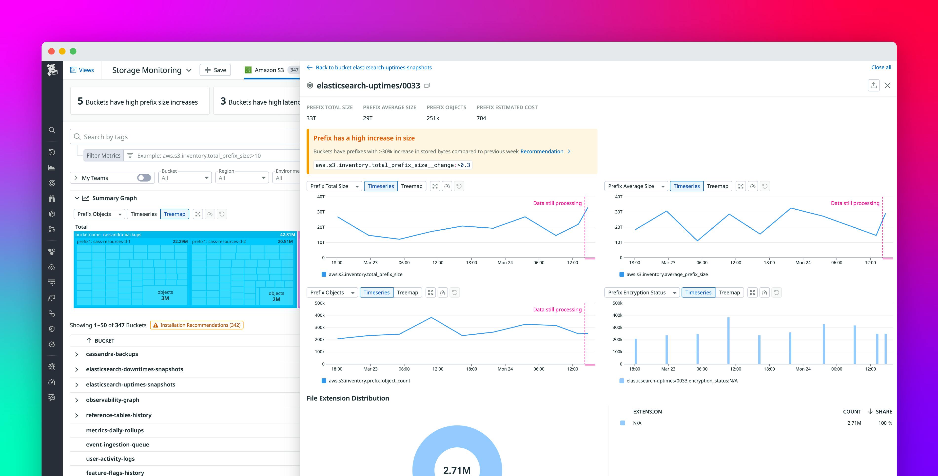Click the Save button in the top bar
click(x=215, y=70)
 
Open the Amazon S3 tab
click(x=269, y=70)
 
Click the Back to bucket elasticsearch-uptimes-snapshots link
click(x=373, y=67)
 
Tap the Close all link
click(x=881, y=67)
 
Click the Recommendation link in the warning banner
click(x=542, y=151)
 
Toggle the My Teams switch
click(x=144, y=178)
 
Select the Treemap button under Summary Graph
click(x=175, y=214)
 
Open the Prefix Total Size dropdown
click(x=334, y=186)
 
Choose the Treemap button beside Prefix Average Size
click(x=717, y=186)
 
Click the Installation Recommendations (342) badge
click(x=197, y=325)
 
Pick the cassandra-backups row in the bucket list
click(x=112, y=354)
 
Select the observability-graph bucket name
click(x=113, y=400)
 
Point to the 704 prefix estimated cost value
click(x=481, y=118)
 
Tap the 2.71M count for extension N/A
click(x=854, y=423)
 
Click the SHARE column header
click(x=883, y=412)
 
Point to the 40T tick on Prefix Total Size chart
click(x=320, y=197)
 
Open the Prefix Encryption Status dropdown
click(x=642, y=292)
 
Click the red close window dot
click(x=51, y=51)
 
